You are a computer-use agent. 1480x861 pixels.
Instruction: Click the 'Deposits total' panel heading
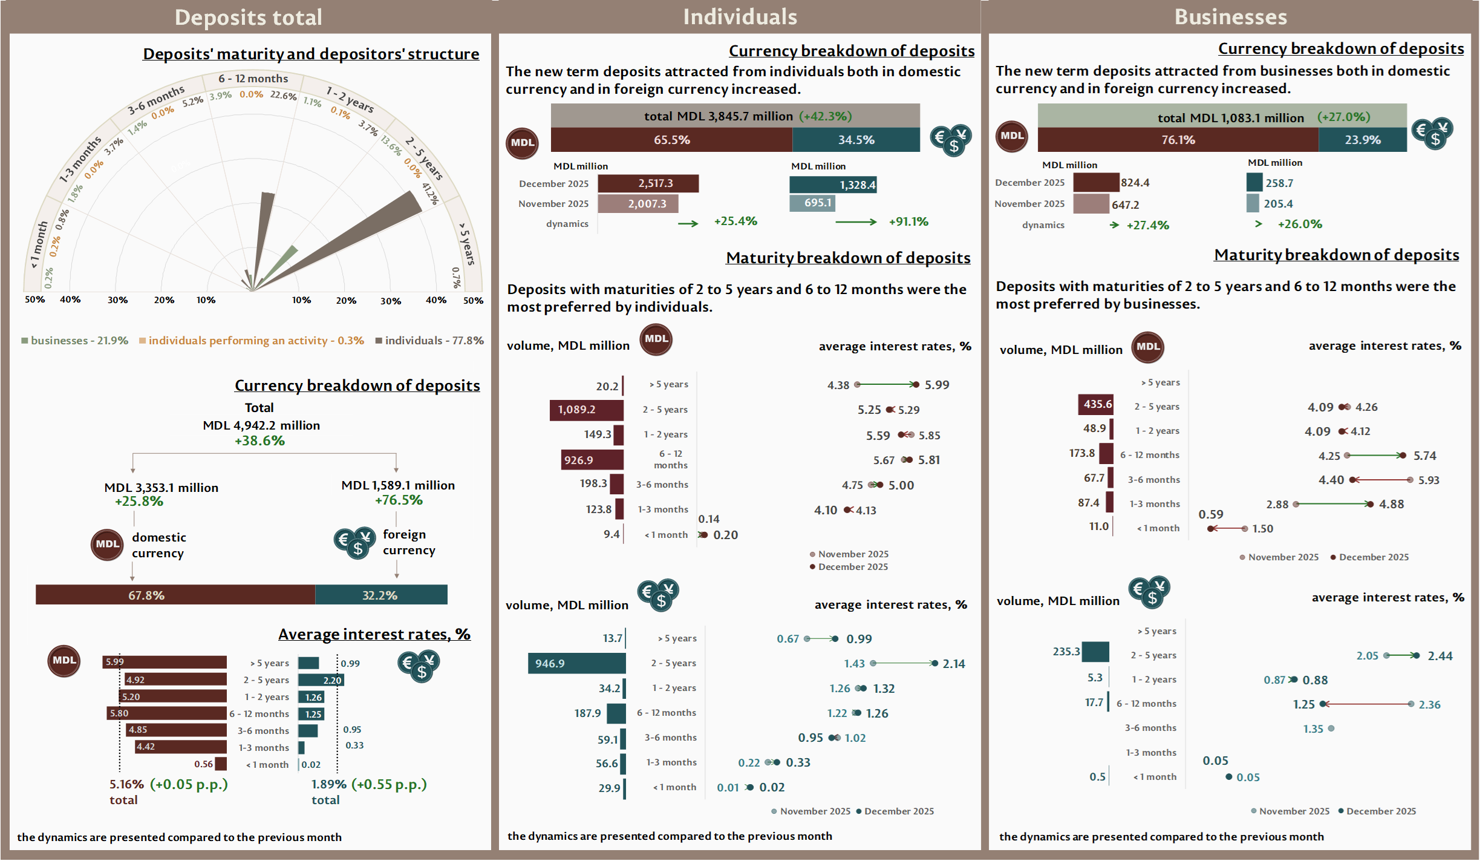(249, 18)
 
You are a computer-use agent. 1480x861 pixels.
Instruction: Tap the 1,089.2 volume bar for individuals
(586, 410)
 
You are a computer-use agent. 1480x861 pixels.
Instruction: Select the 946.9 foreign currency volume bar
(576, 663)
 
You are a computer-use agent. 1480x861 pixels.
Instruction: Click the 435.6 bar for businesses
(1095, 404)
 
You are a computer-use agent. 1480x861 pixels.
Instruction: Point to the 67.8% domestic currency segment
(175, 595)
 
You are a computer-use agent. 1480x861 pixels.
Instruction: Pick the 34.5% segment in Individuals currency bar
(856, 140)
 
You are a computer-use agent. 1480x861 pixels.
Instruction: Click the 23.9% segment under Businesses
(1362, 140)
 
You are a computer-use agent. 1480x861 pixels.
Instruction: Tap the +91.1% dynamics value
(908, 222)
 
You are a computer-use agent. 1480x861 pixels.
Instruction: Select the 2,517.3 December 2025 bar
(648, 183)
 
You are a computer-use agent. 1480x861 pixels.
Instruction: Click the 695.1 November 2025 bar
(812, 203)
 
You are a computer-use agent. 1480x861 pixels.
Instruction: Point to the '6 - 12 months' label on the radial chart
(253, 79)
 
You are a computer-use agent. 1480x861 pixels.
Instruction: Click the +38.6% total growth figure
(259, 441)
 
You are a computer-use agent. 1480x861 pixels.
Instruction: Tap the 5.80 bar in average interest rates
(167, 713)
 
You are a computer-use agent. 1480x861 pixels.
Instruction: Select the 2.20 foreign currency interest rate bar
(321, 680)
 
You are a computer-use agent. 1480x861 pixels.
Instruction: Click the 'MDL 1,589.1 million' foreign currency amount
(398, 485)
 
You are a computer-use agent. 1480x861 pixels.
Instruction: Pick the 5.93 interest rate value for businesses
(1429, 480)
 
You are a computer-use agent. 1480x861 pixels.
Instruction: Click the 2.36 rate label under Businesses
(1429, 705)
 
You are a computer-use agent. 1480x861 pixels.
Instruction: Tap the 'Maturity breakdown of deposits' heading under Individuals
(848, 258)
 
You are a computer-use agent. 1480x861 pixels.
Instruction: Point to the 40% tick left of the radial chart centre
(70, 300)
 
